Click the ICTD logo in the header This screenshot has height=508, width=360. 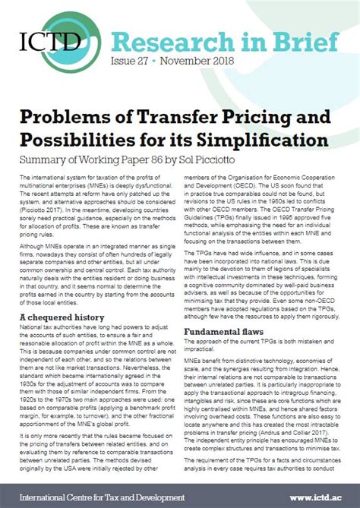[x=48, y=41]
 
